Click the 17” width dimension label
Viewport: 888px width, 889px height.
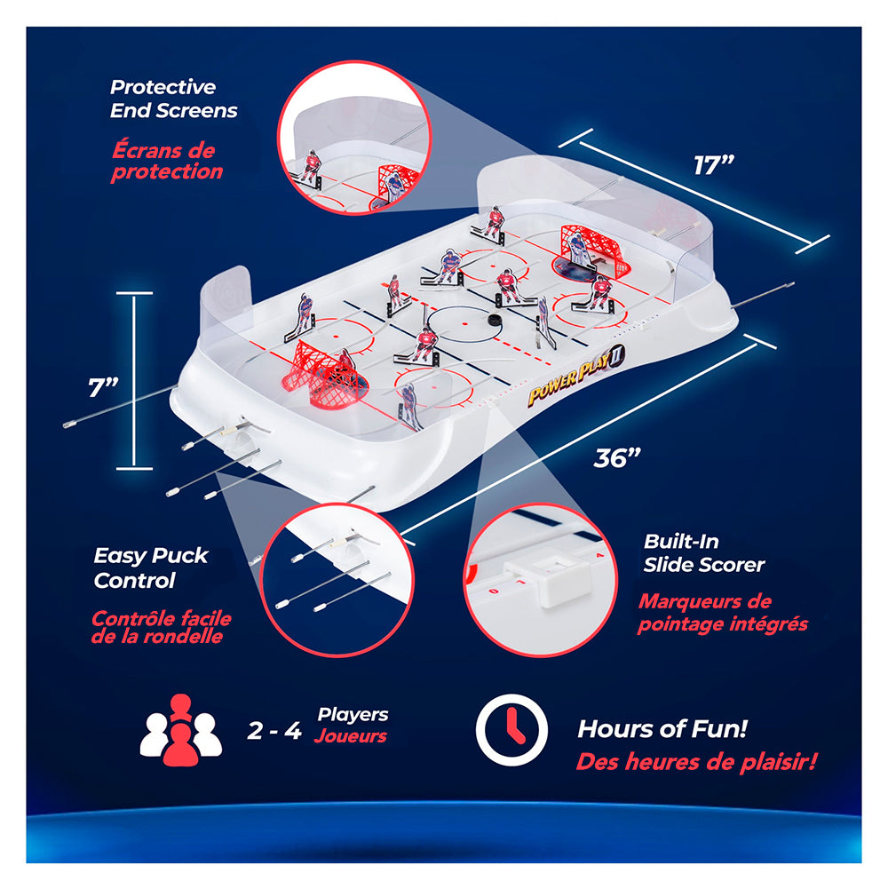[x=714, y=165]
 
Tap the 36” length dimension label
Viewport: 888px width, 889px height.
[x=617, y=457]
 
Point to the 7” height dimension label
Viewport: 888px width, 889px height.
[x=103, y=388]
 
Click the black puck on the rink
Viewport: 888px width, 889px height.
[x=495, y=321]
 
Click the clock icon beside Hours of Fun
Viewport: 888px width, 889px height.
[x=511, y=730]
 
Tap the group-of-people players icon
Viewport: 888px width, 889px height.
[x=181, y=730]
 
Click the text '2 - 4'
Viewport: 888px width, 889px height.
[x=274, y=731]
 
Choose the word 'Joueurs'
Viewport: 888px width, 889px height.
[x=351, y=736]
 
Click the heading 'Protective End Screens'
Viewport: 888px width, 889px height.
[x=173, y=99]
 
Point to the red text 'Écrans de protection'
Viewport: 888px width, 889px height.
[x=167, y=161]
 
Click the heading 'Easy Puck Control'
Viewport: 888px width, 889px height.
[x=151, y=568]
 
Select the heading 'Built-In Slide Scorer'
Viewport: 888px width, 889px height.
[x=703, y=552]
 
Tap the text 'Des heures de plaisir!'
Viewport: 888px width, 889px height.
[x=697, y=761]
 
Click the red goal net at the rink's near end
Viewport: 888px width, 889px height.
[x=321, y=374]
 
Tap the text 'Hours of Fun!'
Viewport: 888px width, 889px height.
[x=662, y=729]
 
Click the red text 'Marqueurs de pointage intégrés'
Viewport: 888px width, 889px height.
[x=723, y=613]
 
